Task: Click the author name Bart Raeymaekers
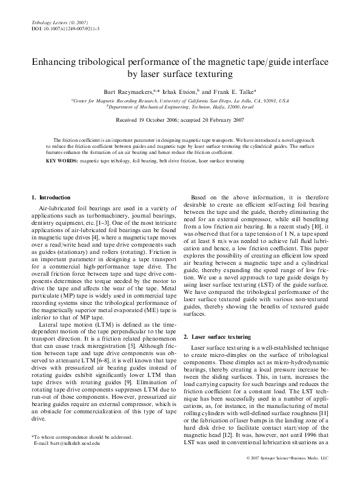(x=128, y=91)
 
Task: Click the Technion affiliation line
(x=179, y=106)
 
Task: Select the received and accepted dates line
(x=179, y=120)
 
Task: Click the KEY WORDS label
(x=61, y=162)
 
